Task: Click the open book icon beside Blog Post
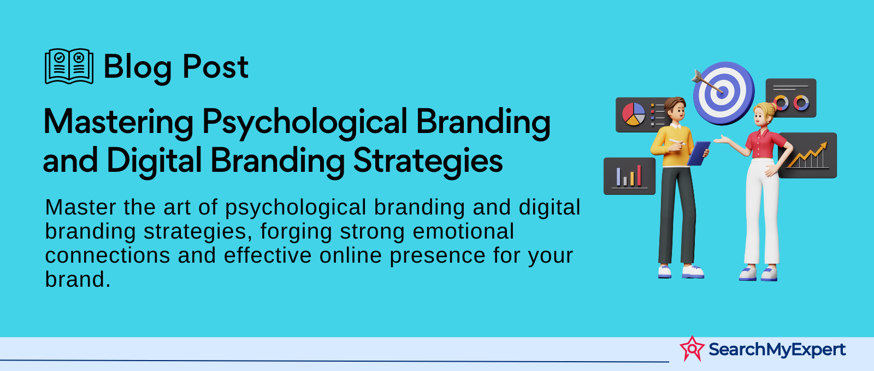69,66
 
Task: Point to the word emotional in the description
463,231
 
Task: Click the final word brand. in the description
78,280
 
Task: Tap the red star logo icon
692,349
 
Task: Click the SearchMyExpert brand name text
777,350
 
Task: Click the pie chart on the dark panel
634,114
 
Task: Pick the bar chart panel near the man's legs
629,176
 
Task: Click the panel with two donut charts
791,98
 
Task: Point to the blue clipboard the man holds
699,153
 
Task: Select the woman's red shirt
765,143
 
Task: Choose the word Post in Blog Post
215,67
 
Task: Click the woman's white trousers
761,211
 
